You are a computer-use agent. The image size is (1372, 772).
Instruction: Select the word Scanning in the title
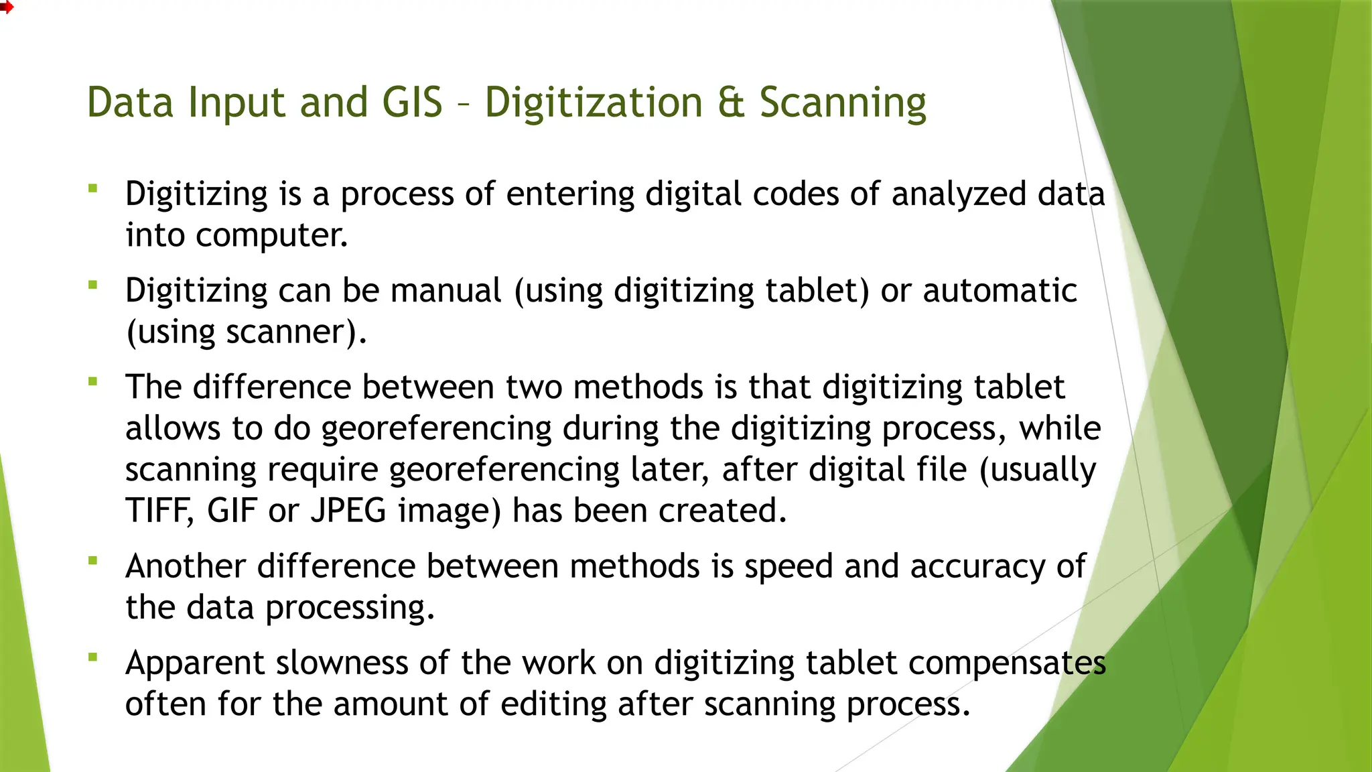coord(843,104)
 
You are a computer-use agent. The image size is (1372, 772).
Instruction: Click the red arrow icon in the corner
coord(6,7)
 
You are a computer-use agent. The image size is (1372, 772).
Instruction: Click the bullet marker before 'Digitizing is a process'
coord(93,189)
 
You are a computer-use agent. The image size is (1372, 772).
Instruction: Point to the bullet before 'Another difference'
coord(93,560)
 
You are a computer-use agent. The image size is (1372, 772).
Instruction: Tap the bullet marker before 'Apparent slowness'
coord(93,657)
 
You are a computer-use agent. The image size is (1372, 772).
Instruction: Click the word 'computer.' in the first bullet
coord(271,235)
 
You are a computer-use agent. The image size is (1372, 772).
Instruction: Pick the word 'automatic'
coord(1000,291)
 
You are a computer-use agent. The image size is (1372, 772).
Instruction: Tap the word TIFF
coord(159,511)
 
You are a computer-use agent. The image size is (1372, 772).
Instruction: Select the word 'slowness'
coord(342,663)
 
